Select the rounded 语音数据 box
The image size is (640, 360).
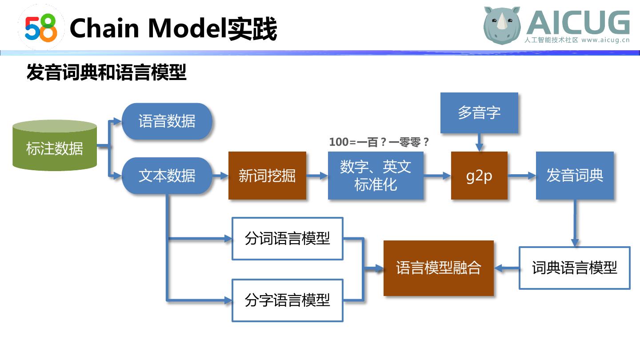click(x=167, y=121)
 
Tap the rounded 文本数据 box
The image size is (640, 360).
click(x=167, y=176)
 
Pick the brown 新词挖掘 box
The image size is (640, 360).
click(x=267, y=176)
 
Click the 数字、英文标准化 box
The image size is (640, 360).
click(x=376, y=176)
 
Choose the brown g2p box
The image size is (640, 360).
click(x=479, y=176)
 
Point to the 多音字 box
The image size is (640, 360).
click(x=479, y=112)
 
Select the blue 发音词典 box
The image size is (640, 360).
click(x=575, y=176)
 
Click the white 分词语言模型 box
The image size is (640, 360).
click(x=288, y=239)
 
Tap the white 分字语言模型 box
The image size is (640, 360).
click(x=288, y=300)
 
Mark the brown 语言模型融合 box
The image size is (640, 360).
click(x=439, y=268)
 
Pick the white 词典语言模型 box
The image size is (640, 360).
click(x=575, y=268)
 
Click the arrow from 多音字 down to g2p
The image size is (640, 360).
click(x=479, y=143)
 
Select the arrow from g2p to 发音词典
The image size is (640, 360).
click(x=522, y=176)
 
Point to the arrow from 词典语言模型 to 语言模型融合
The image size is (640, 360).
click(x=507, y=268)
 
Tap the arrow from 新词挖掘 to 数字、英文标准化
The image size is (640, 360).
click(x=317, y=176)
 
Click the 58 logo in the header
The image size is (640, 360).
click(x=41, y=28)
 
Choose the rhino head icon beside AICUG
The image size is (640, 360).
click(x=502, y=26)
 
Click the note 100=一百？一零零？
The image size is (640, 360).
click(x=379, y=142)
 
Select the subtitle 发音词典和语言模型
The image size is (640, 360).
click(x=106, y=72)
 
